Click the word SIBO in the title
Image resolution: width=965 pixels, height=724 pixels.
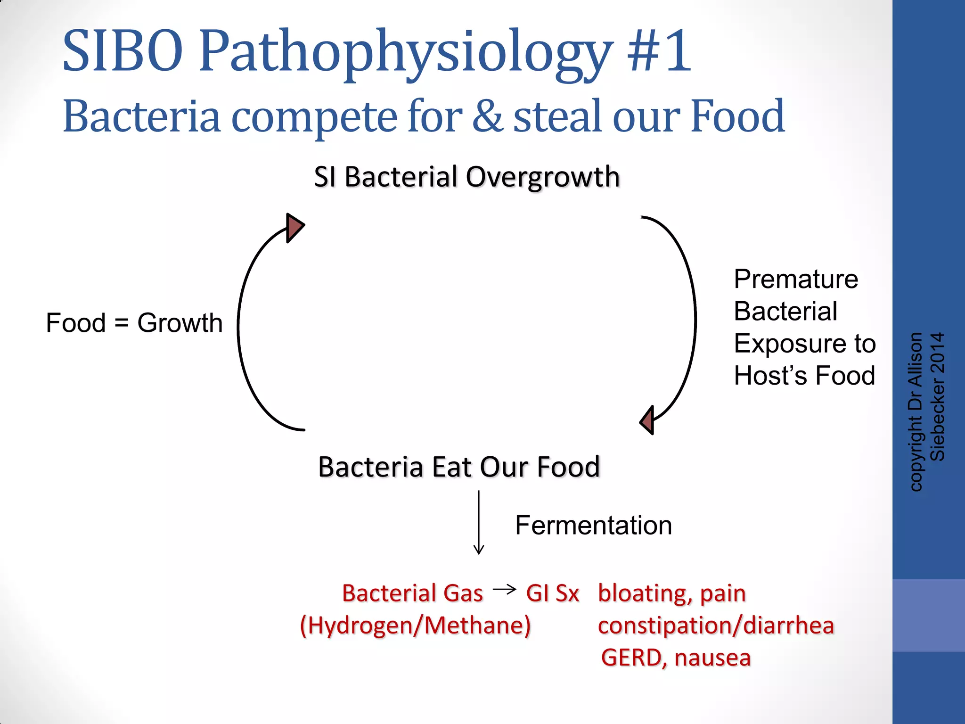click(x=123, y=51)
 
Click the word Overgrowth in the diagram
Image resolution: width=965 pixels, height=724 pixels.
click(x=542, y=178)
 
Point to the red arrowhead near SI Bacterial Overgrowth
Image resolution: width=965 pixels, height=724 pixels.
click(x=294, y=228)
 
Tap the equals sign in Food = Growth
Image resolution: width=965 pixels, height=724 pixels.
click(x=121, y=323)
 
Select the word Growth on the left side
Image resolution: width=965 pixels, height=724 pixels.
click(x=180, y=323)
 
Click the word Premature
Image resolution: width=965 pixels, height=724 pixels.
click(x=796, y=279)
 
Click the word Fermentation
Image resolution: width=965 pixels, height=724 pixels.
click(x=593, y=525)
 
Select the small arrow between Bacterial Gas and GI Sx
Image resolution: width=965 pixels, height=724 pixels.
click(x=504, y=589)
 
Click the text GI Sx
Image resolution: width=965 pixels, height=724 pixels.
click(x=552, y=593)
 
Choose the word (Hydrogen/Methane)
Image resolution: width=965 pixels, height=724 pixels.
click(x=415, y=625)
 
